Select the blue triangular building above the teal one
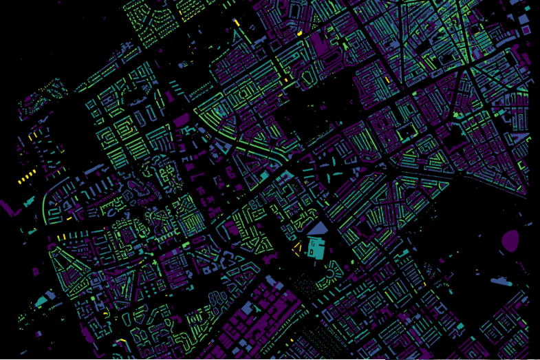(x=318, y=229)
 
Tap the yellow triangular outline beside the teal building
(x=299, y=247)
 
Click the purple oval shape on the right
(x=510, y=240)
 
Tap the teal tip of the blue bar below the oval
(x=509, y=282)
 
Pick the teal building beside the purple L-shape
(x=30, y=202)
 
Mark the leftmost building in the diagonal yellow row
(x=20, y=181)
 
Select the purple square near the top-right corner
(x=526, y=30)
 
